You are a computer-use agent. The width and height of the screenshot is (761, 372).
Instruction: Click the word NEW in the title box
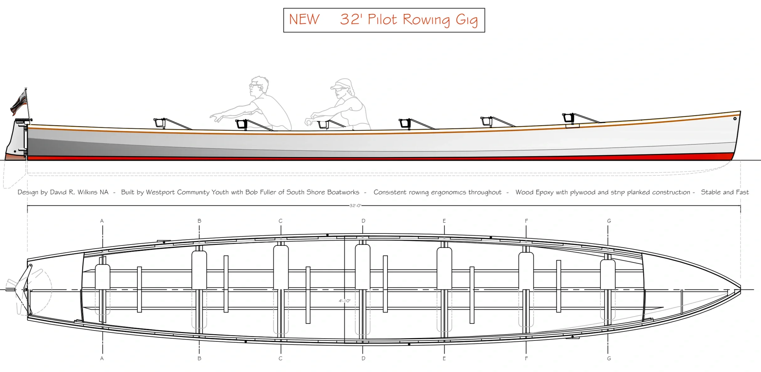click(304, 20)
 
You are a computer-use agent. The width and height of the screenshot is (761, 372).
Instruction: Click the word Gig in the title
click(466, 20)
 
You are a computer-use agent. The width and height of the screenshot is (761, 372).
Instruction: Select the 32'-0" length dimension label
click(355, 206)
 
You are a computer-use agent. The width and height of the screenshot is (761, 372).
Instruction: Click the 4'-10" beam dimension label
click(344, 301)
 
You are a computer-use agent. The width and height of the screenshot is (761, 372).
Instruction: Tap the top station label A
click(102, 221)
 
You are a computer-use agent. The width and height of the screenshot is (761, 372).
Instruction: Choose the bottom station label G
click(609, 358)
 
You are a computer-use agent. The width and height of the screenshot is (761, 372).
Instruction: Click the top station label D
click(363, 221)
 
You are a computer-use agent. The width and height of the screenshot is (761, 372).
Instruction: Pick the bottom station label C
click(280, 358)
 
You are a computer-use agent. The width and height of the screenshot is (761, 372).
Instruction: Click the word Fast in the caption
click(742, 192)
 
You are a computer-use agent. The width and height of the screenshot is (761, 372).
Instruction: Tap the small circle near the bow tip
click(735, 119)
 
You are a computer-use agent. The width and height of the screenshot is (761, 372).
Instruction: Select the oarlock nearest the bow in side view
click(569, 118)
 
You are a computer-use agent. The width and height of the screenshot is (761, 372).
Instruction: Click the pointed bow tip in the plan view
click(740, 290)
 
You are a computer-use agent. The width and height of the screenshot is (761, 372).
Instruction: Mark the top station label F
click(526, 221)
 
